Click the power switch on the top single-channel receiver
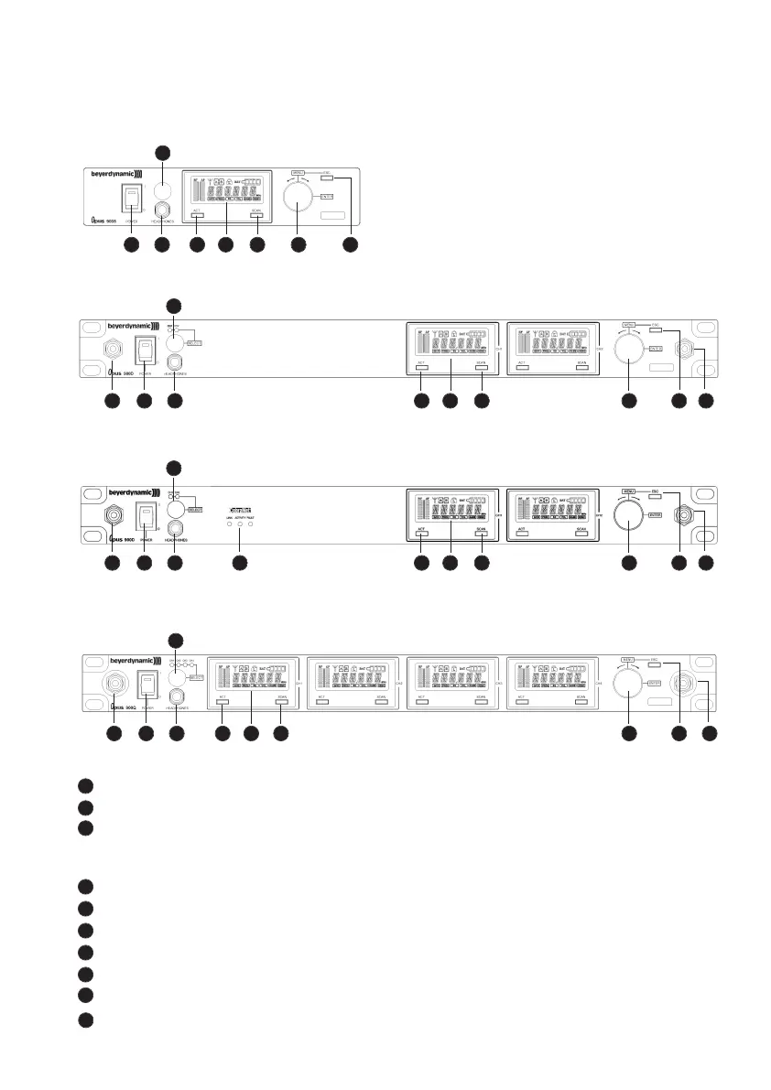tap(131, 201)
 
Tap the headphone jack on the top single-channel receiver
tap(164, 210)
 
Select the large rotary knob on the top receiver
tap(298, 196)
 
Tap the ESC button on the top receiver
tap(339, 178)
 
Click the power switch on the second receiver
tap(144, 351)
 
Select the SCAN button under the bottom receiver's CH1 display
tap(282, 701)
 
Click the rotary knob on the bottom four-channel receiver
tap(630, 685)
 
